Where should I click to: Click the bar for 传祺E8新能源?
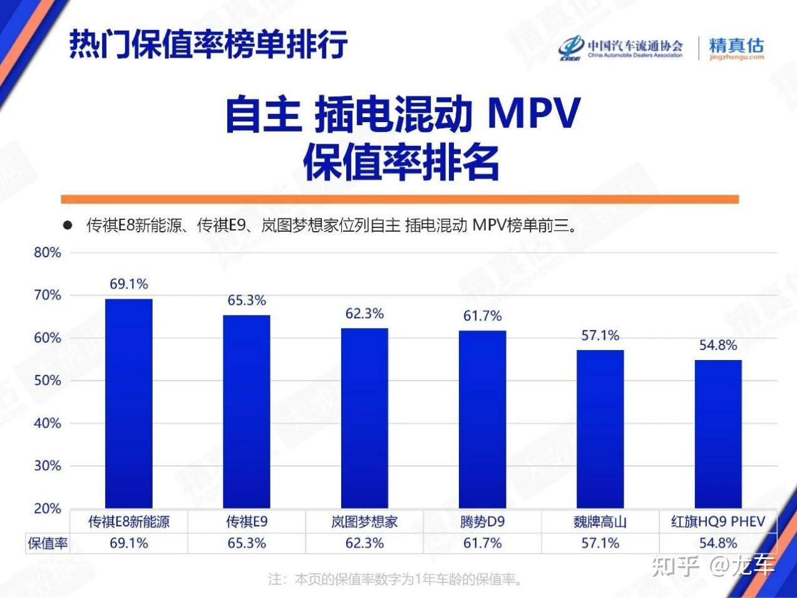(128, 403)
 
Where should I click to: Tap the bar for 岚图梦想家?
(364, 418)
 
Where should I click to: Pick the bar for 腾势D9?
(482, 419)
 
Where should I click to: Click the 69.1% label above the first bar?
(129, 284)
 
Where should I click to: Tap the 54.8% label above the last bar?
(718, 345)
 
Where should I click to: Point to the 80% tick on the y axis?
(48, 253)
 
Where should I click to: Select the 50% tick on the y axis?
(48, 381)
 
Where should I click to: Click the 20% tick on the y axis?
(48, 508)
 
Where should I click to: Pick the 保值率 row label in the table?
(48, 544)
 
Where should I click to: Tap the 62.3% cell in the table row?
(364, 544)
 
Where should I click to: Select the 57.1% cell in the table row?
(600, 544)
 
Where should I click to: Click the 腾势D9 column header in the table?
(482, 522)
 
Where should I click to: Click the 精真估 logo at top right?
(736, 48)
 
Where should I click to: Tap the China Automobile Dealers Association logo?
(620, 48)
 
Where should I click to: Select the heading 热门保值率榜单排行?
(208, 43)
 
